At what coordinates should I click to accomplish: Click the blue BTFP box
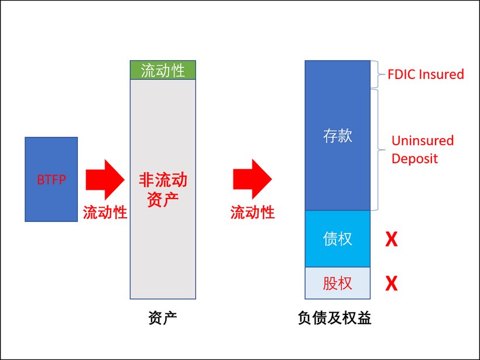[x=51, y=179]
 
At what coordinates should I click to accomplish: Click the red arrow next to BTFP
[x=105, y=179]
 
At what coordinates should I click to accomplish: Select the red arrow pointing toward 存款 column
[x=252, y=179]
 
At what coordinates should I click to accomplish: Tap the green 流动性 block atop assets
[x=163, y=70]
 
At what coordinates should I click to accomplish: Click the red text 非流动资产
[x=163, y=188]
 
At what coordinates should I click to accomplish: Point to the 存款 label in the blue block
[x=338, y=136]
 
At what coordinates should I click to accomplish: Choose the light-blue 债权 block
[x=338, y=238]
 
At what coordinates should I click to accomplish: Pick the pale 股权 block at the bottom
[x=338, y=283]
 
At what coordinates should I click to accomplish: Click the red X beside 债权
[x=390, y=239]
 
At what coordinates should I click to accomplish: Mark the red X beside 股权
[x=390, y=284]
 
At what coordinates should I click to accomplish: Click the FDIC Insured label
[x=426, y=74]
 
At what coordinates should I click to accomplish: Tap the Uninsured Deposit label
[x=422, y=149]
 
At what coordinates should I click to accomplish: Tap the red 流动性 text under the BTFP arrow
[x=105, y=212]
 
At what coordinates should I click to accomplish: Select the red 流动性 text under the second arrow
[x=253, y=212]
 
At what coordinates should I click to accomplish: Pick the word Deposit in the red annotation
[x=414, y=159]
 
